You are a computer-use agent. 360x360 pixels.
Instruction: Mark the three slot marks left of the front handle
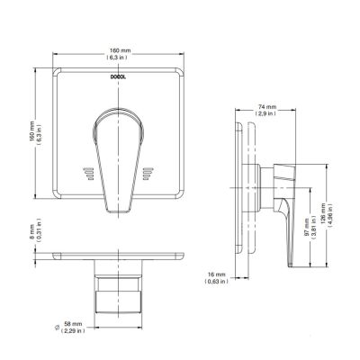click(x=86, y=172)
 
